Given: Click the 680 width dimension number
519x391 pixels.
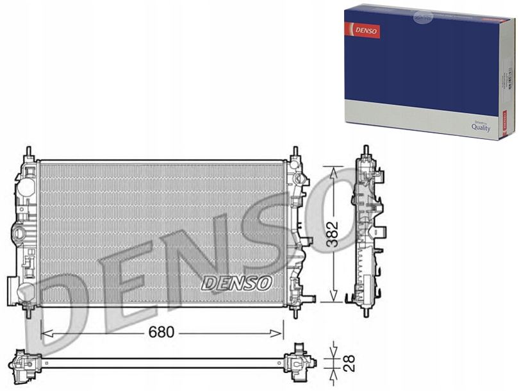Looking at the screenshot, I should point(162,333).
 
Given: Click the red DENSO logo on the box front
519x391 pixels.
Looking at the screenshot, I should point(363,30).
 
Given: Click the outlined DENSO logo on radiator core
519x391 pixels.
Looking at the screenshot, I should point(237,282).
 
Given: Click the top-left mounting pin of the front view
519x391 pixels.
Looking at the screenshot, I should point(29,153).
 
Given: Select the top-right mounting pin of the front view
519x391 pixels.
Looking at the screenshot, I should point(295,153).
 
